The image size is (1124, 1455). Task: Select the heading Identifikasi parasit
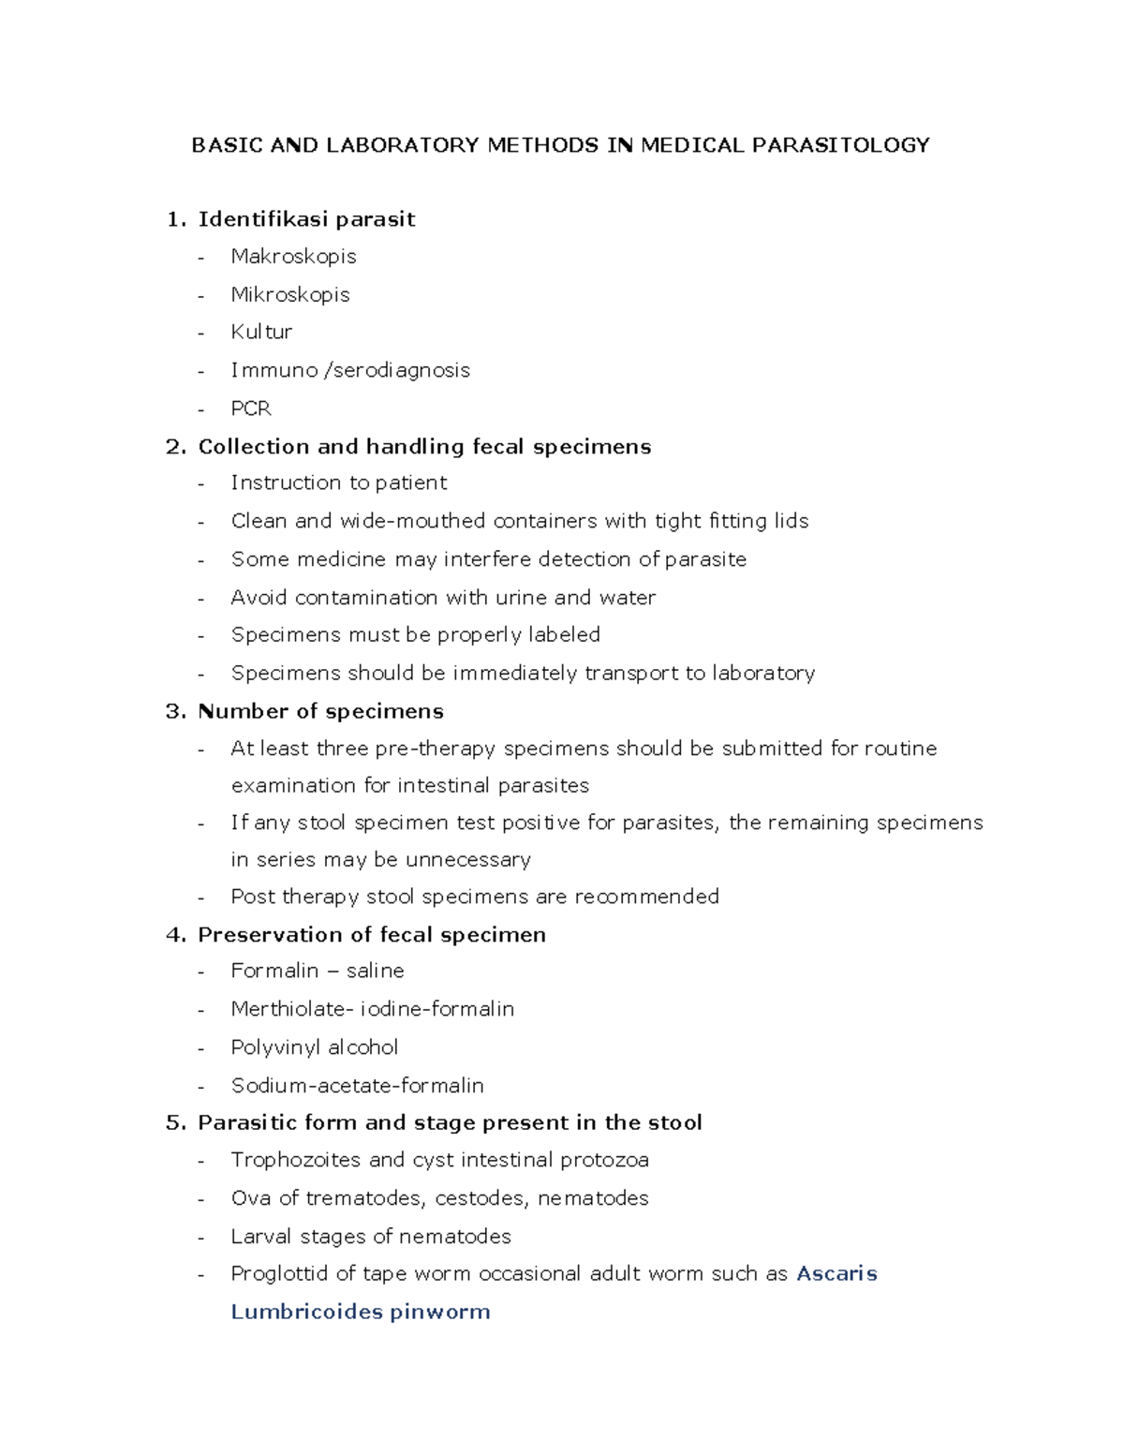point(306,219)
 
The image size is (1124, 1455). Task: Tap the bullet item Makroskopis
point(293,257)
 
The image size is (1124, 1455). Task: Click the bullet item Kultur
point(261,333)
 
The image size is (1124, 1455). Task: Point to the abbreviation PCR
point(251,408)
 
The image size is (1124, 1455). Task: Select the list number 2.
point(174,447)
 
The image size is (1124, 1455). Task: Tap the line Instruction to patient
point(338,483)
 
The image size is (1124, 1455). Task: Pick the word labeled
point(564,635)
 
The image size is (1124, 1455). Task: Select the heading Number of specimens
point(320,711)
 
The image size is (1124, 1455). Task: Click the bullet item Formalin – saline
point(318,972)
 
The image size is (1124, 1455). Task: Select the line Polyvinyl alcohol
point(314,1047)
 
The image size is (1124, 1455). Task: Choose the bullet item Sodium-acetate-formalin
point(357,1086)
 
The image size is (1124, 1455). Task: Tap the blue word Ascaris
point(836,1274)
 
